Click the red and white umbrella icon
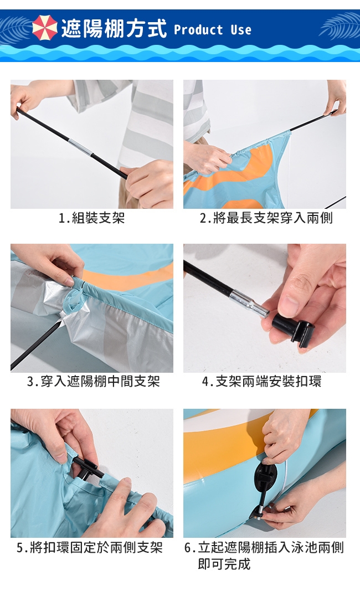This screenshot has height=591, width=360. pyautogui.click(x=45, y=28)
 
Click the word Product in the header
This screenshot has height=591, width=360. pyautogui.click(x=198, y=30)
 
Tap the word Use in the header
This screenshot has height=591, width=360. pyautogui.click(x=241, y=30)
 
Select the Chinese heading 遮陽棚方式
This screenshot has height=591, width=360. pyautogui.click(x=114, y=29)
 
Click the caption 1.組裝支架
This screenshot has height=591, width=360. pyautogui.click(x=91, y=218)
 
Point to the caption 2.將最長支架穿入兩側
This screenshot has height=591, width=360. pyautogui.click(x=266, y=218)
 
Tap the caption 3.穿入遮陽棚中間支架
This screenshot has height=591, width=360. pyautogui.click(x=94, y=382)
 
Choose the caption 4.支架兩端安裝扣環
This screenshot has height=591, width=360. pyautogui.click(x=262, y=382)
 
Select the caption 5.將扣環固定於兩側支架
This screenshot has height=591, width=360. pyautogui.click(x=90, y=548)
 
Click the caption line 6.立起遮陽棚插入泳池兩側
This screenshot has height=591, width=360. pyautogui.click(x=264, y=548)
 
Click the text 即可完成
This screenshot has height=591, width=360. pyautogui.click(x=224, y=564)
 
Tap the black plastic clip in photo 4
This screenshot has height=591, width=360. pyautogui.click(x=293, y=327)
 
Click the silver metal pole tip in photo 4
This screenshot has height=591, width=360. pyautogui.click(x=249, y=303)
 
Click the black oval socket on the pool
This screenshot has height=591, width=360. pyautogui.click(x=265, y=479)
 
